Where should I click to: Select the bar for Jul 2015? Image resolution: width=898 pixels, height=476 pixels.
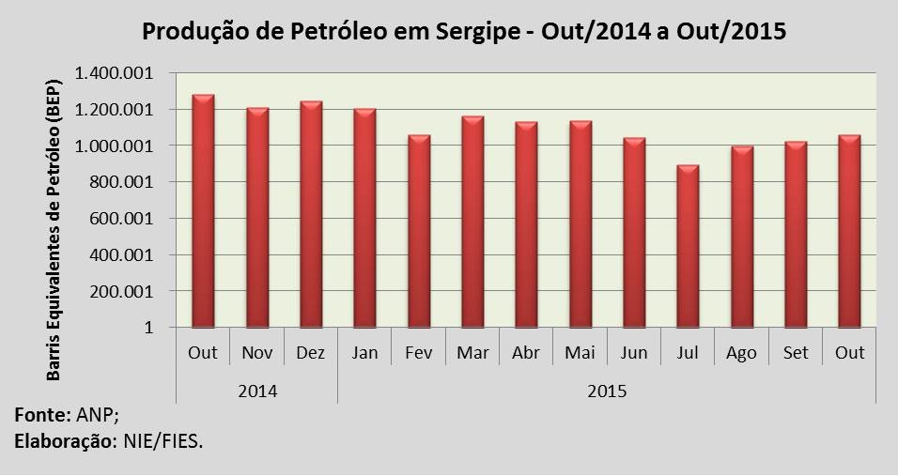pyautogui.click(x=688, y=246)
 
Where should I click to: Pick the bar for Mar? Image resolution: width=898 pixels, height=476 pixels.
pyautogui.click(x=472, y=222)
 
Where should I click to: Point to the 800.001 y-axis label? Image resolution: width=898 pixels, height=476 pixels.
pyautogui.click(x=129, y=182)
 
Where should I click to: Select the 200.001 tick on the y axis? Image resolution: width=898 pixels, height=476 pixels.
pyautogui.click(x=129, y=291)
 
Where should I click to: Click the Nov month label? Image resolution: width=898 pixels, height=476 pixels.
pyautogui.click(x=256, y=353)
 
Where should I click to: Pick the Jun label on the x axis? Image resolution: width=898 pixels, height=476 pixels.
pyautogui.click(x=634, y=353)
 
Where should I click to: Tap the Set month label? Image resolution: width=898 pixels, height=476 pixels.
pyautogui.click(x=796, y=353)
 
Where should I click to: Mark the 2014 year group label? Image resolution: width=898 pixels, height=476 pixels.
pyautogui.click(x=256, y=389)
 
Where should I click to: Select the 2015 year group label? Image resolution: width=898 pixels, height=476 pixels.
pyautogui.click(x=607, y=389)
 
